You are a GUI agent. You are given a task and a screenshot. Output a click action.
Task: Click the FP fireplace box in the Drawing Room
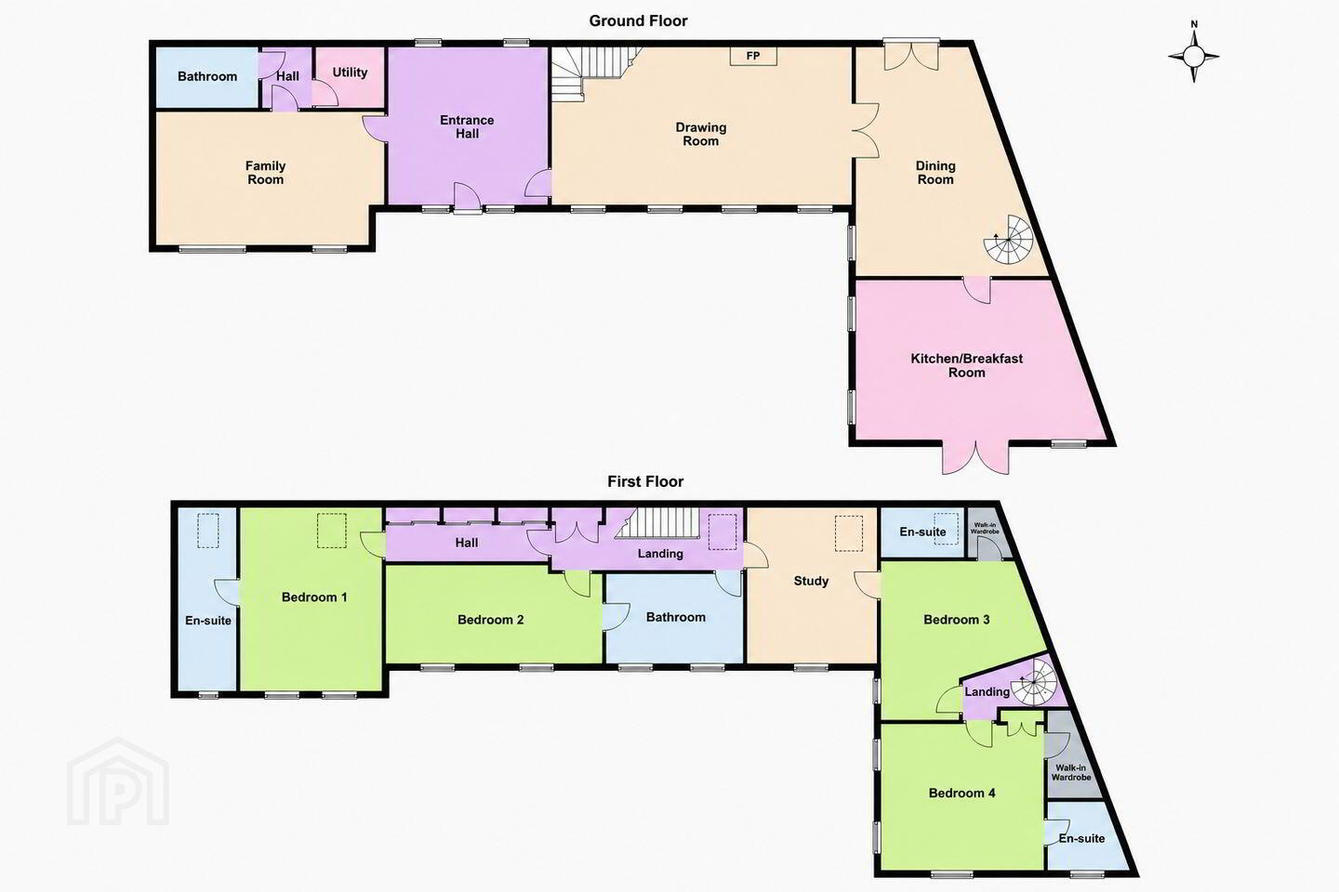tap(753, 56)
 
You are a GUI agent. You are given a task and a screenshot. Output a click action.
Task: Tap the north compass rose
tap(1194, 56)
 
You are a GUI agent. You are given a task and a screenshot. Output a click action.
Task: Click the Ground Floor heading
tap(638, 21)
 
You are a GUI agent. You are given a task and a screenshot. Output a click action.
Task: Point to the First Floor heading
tap(645, 481)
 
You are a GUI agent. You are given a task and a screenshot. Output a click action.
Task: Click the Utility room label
tap(350, 72)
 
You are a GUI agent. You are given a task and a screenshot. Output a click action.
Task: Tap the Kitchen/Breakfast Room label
tap(967, 366)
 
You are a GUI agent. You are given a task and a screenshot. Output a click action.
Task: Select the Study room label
tap(811, 581)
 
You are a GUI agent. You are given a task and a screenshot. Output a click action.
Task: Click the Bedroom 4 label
tap(961, 793)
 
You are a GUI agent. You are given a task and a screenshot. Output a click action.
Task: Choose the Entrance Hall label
tap(467, 126)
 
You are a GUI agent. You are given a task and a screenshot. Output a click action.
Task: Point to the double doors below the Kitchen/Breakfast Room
tap(975, 458)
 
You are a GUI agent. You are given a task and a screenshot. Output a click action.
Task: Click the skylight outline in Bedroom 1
tap(332, 530)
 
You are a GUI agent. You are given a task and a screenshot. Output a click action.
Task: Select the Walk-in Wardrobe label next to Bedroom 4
tap(1071, 772)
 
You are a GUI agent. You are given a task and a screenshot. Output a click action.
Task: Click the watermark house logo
tap(118, 781)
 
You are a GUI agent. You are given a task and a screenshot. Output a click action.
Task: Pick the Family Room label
tap(265, 173)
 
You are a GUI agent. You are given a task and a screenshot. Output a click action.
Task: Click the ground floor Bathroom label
tap(206, 76)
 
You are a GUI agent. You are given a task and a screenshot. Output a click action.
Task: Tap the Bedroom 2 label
tap(490, 620)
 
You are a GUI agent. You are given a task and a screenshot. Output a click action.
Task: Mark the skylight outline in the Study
tap(849, 533)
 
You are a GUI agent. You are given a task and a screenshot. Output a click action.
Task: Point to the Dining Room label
tap(935, 173)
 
